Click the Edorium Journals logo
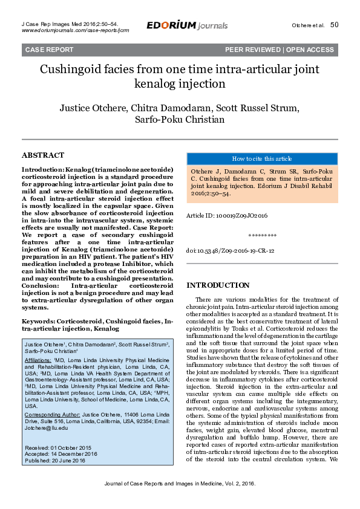click(x=187, y=25)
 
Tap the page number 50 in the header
click(x=334, y=25)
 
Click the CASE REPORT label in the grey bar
click(x=45, y=50)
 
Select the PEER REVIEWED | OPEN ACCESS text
click(x=279, y=50)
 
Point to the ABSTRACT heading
click(x=43, y=155)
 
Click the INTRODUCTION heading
click(x=218, y=285)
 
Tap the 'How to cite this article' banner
click(x=261, y=159)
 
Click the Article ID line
click(x=227, y=215)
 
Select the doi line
click(x=230, y=250)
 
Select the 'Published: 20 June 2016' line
click(x=54, y=460)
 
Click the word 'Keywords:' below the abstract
click(x=38, y=321)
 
